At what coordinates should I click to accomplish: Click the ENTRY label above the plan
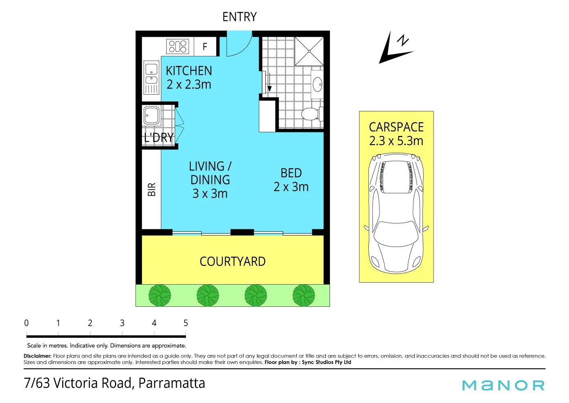(239, 17)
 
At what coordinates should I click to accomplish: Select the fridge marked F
(205, 46)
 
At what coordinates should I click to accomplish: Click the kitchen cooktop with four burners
(178, 46)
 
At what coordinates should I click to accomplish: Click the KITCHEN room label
(189, 70)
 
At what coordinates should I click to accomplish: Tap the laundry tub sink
(151, 115)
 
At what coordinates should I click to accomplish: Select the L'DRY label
(159, 138)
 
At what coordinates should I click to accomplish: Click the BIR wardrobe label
(151, 189)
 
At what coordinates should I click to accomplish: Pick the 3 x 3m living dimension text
(210, 193)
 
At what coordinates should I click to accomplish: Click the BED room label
(291, 173)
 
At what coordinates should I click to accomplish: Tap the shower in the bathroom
(309, 51)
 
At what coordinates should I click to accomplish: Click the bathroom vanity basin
(317, 84)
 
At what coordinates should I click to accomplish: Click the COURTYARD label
(233, 261)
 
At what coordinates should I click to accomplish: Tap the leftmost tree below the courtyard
(160, 295)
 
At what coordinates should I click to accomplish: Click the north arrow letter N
(403, 40)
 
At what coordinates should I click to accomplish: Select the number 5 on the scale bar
(185, 323)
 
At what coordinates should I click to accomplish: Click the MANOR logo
(503, 385)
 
